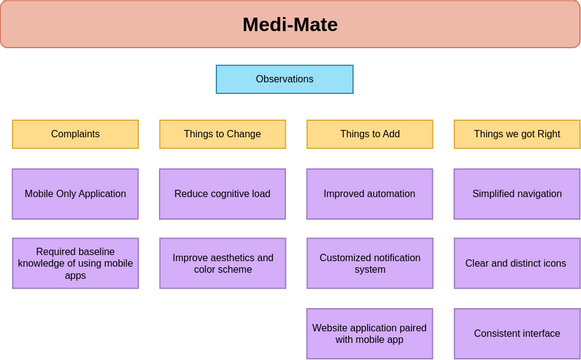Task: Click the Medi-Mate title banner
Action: coord(290,24)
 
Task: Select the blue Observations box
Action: coord(284,79)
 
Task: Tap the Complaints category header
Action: coord(75,134)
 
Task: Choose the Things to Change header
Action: coord(222,134)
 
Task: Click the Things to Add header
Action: coord(370,134)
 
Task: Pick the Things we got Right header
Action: coord(517,134)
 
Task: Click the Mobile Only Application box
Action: coord(75,194)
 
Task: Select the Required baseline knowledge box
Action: coord(75,263)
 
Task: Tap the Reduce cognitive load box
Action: coord(222,194)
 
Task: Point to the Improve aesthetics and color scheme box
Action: coord(222,263)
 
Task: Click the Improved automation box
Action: coord(370,194)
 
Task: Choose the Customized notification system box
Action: coord(370,263)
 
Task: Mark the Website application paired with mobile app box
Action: coord(370,333)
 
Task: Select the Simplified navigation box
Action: coord(517,194)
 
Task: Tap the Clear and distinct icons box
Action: coord(517,263)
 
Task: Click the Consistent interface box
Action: coord(517,333)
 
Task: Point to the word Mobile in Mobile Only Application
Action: coord(41,194)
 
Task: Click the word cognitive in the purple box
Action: coord(228,194)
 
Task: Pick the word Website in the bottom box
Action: coord(333,327)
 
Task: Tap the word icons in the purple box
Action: coord(554,263)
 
